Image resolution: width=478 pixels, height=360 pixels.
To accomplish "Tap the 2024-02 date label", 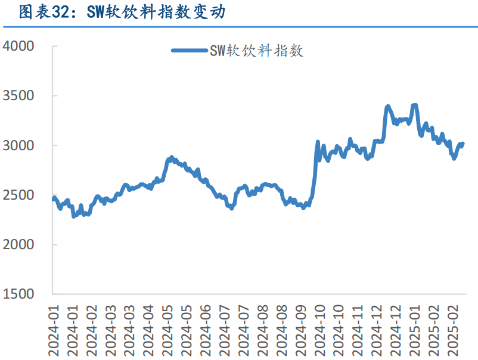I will coord(92,328).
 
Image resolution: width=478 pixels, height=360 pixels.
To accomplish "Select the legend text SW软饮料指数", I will coord(256,51).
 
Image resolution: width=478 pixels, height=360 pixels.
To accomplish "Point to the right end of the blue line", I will coord(463,143).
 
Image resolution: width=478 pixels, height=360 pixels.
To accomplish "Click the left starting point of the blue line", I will coord(54,199).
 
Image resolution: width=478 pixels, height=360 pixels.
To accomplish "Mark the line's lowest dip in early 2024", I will coord(74,216).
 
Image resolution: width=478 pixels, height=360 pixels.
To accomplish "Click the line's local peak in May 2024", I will coord(172,157).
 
